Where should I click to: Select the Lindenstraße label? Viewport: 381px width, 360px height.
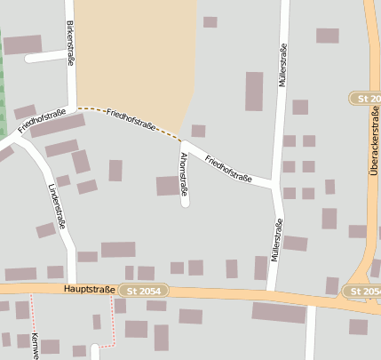(57, 207)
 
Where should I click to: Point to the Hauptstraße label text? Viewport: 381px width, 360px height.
(89, 290)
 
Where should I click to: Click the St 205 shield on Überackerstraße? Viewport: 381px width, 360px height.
(364, 98)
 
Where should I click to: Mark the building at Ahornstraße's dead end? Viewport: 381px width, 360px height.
(168, 186)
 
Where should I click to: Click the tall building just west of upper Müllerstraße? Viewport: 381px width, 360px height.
(254, 92)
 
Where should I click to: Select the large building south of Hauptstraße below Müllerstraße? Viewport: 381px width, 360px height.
(278, 312)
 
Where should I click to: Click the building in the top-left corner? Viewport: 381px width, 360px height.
(22, 44)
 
